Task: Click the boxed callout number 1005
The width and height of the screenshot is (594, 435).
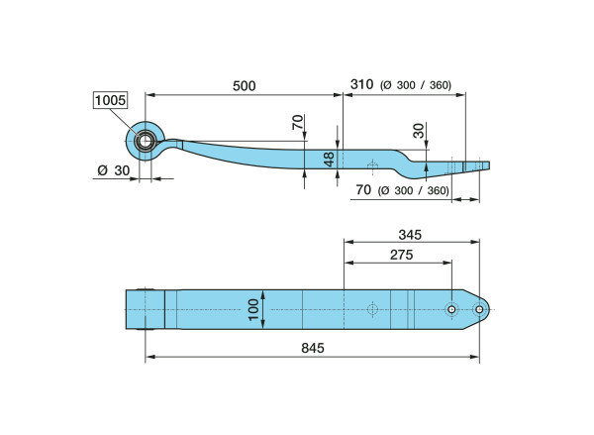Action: click(x=110, y=100)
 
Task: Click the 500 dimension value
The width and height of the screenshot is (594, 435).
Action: click(x=244, y=86)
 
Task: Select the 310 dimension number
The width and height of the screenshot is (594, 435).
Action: click(x=361, y=84)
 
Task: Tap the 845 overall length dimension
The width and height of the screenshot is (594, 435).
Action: click(x=313, y=348)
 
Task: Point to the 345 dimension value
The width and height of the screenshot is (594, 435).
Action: click(x=410, y=235)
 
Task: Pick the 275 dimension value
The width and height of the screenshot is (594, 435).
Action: click(x=402, y=255)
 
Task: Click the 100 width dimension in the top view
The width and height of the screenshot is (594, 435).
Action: click(x=253, y=310)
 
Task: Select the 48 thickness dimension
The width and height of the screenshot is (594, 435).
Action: click(x=330, y=160)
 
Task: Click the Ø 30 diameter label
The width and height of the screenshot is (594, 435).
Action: click(x=114, y=170)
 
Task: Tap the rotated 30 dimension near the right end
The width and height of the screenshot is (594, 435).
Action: click(x=419, y=131)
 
